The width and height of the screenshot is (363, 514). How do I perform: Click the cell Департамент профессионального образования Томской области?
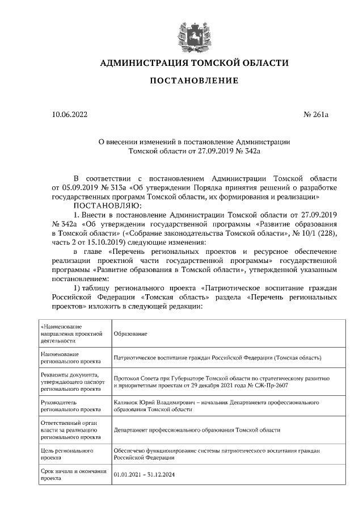pyautogui.click(x=197, y=430)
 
